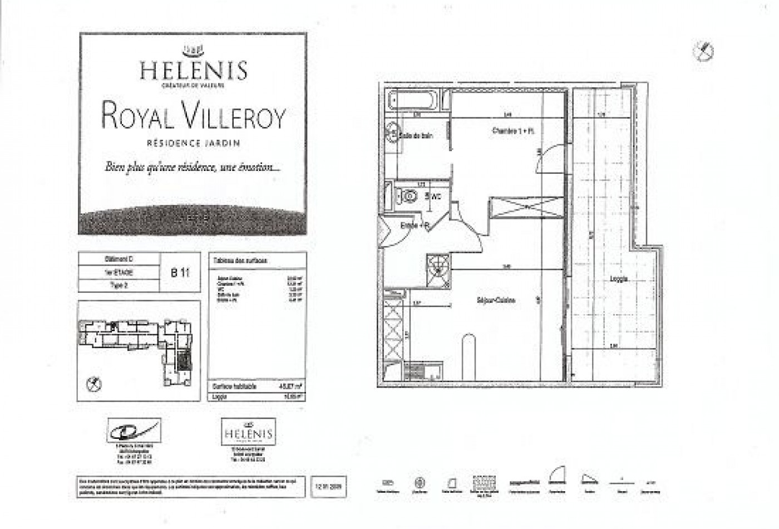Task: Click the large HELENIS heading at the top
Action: point(193,70)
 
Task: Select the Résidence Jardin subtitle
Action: point(193,143)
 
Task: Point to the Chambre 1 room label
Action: point(513,131)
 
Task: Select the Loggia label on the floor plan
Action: point(618,280)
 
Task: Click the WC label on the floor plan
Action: point(435,196)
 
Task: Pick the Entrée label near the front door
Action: point(414,226)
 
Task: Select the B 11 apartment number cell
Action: point(180,273)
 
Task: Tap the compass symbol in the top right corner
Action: point(703,51)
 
